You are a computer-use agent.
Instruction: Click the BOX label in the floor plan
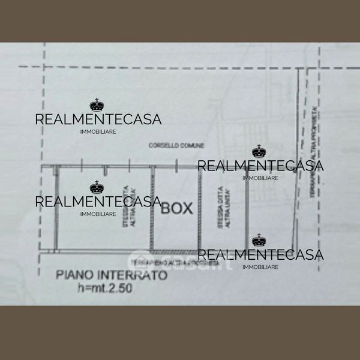point(178,209)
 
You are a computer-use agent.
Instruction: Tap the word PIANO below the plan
point(74,276)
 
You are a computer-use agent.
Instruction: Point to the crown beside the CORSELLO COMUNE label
point(259,151)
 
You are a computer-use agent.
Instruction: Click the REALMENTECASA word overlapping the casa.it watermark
point(260,255)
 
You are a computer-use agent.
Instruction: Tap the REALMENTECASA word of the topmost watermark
point(98,119)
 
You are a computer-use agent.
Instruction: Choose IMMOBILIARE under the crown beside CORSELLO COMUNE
point(260,178)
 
